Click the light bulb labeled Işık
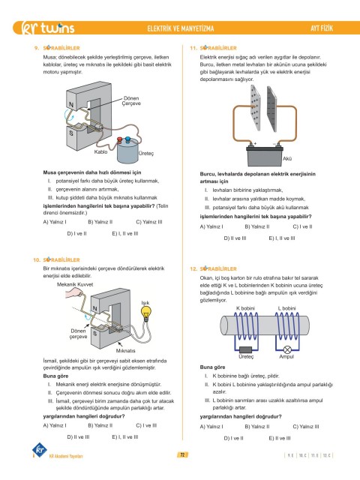[x=146, y=313]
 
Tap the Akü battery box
[x=265, y=157]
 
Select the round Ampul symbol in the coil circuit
[x=286, y=349]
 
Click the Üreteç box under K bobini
[x=245, y=349]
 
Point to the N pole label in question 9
[x=71, y=105]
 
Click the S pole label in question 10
[x=95, y=333]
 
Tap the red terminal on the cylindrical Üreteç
[x=120, y=140]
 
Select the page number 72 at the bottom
[x=182, y=454]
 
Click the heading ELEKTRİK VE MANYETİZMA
[x=181, y=28]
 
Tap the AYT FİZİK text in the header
[x=322, y=28]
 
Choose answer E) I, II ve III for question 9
[x=125, y=233]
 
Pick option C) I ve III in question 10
[x=146, y=425]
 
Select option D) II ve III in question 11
[x=235, y=238]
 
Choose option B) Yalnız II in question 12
[x=257, y=427]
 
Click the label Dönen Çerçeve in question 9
[x=132, y=100]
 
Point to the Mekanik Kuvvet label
[x=75, y=284]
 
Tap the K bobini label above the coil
[x=245, y=308]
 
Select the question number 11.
[x=193, y=48]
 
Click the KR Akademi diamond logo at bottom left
[x=40, y=450]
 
